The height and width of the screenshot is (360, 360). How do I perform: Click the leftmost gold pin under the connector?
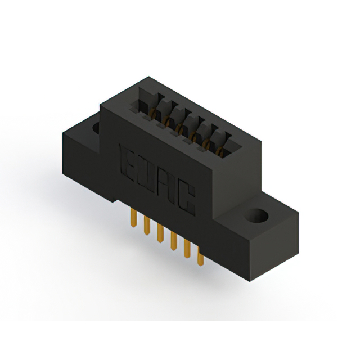pos(133,216)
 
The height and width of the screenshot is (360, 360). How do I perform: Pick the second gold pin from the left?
pos(146,223)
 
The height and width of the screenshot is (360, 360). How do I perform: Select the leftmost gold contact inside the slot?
pos(152,115)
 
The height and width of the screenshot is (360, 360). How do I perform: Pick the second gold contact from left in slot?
pos(166,122)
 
